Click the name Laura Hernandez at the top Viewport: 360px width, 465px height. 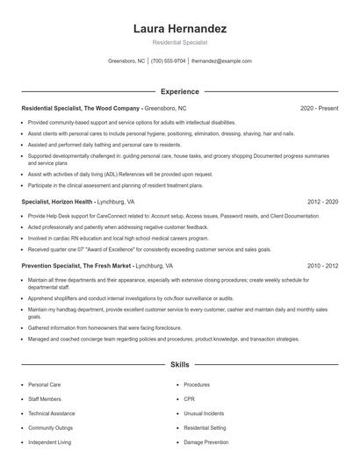tap(180, 29)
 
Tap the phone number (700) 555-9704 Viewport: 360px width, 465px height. tap(169, 61)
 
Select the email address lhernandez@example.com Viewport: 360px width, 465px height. tap(221, 61)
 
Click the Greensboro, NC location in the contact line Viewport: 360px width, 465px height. tap(126, 61)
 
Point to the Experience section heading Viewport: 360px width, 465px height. tap(180, 91)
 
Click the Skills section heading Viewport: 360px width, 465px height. tap(180, 364)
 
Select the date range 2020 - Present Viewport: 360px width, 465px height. tap(319, 108)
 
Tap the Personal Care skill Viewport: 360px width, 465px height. tap(44, 384)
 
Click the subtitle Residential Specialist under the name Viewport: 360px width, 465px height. tap(180, 42)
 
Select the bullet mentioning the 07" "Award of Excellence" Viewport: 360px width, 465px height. tap(132, 248)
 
